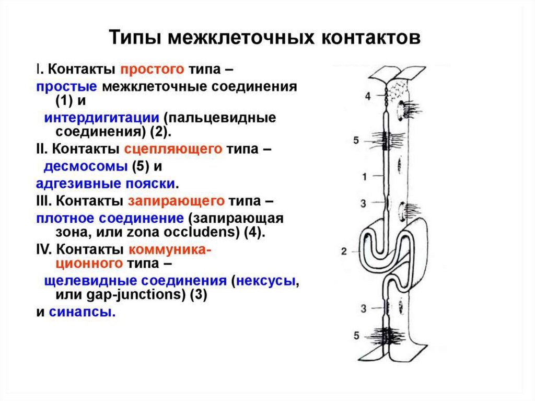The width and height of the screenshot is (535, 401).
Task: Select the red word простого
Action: click(153, 69)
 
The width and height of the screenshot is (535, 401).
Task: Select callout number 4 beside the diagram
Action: click(367, 96)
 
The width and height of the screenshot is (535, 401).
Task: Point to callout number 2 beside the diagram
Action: click(344, 251)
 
